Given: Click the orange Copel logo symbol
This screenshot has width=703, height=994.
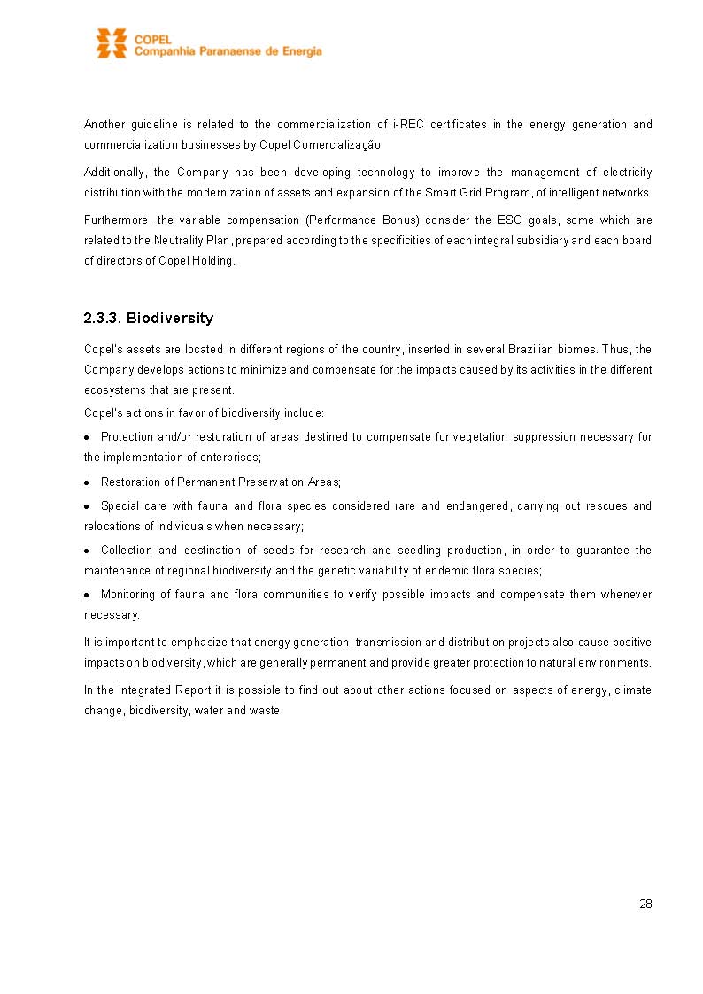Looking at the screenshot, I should pyautogui.click(x=112, y=43).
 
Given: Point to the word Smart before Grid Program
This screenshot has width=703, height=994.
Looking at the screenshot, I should pyautogui.click(x=442, y=193).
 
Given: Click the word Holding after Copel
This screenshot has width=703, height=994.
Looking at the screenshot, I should pyautogui.click(x=213, y=261).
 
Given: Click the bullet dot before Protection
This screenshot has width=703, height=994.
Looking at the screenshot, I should pyautogui.click(x=88, y=438).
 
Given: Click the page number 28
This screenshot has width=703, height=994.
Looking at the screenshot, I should pyautogui.click(x=645, y=905).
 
